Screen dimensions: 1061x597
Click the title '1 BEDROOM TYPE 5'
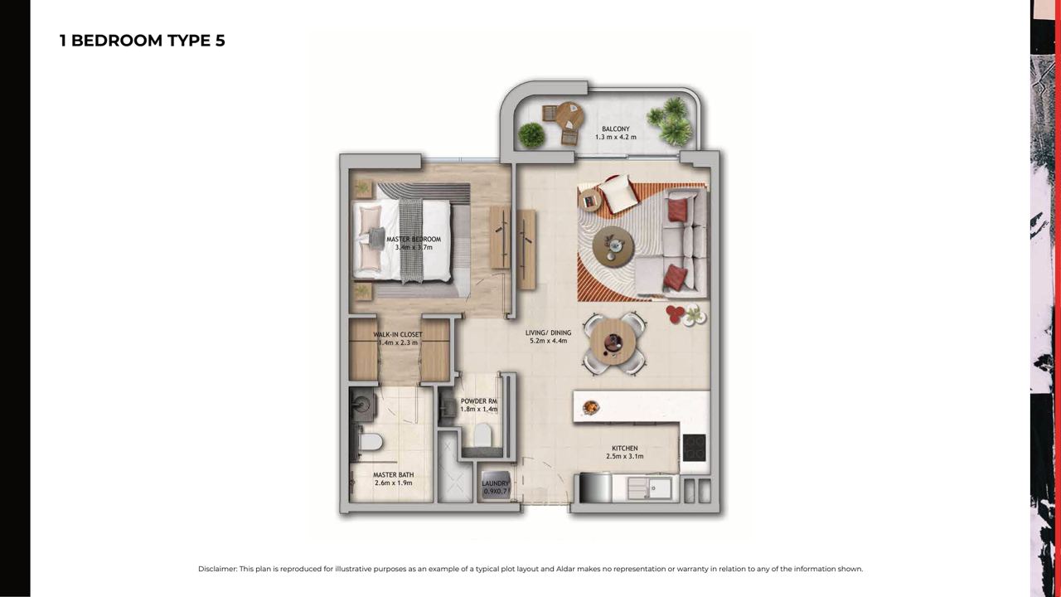(x=142, y=41)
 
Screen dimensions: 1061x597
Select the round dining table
(x=613, y=341)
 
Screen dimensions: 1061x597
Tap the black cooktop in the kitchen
(x=695, y=448)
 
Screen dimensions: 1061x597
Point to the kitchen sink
(x=649, y=488)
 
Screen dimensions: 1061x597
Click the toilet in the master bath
(x=371, y=443)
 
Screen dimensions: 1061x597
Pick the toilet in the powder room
(x=482, y=434)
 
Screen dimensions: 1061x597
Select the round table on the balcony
(x=569, y=116)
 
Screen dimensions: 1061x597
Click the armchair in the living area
(x=618, y=194)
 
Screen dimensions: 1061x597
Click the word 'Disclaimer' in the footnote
(x=217, y=569)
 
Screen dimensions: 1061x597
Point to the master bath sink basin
(x=364, y=404)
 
